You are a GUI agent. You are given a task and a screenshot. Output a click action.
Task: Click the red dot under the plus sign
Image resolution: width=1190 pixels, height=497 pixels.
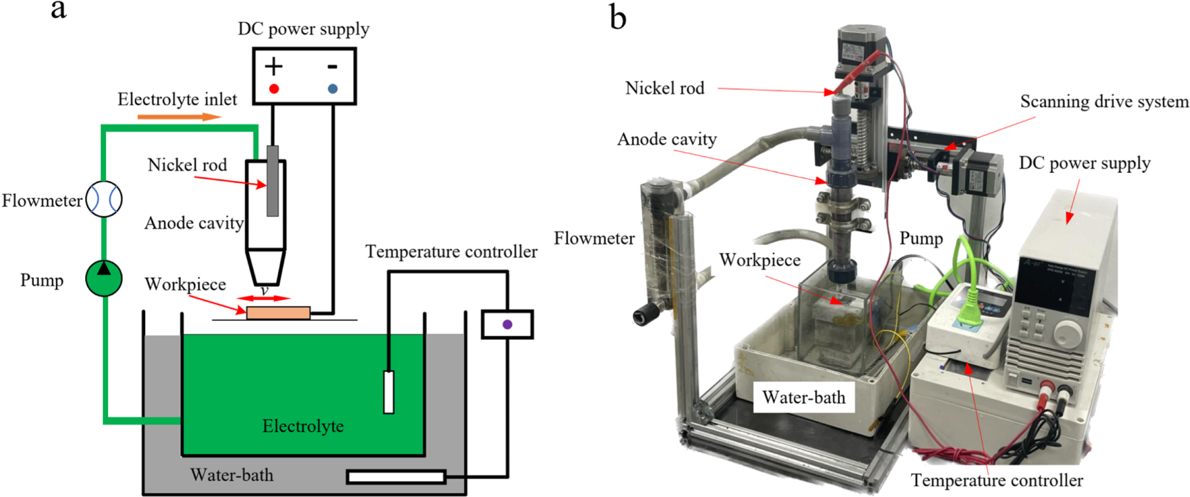[274, 89]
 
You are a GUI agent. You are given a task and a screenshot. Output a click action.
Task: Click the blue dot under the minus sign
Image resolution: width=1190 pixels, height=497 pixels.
[333, 89]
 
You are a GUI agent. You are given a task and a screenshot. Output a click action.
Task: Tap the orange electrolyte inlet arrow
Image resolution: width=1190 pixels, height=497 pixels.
[178, 117]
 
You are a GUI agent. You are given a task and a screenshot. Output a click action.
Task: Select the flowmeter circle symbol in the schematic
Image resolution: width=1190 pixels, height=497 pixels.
[104, 199]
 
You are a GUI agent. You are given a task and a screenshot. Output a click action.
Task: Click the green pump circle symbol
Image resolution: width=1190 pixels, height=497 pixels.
[104, 278]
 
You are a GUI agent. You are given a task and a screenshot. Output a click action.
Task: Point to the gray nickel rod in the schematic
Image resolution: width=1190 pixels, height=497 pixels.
[273, 180]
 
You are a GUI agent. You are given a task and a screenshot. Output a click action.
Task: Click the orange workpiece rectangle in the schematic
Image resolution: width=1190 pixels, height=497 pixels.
[278, 313]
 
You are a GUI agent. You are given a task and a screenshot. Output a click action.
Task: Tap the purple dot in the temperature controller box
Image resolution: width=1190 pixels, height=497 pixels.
[507, 324]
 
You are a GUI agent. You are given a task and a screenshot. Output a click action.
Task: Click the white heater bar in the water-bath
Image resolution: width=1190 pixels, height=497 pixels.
[396, 476]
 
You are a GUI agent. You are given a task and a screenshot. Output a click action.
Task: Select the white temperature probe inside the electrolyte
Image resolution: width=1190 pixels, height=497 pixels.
[389, 392]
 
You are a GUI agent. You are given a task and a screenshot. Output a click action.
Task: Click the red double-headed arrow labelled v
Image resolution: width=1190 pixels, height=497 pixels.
[264, 299]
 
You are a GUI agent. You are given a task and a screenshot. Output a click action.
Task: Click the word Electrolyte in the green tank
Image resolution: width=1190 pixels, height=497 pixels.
[303, 426]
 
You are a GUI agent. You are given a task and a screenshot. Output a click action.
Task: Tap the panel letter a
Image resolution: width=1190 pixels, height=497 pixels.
[59, 10]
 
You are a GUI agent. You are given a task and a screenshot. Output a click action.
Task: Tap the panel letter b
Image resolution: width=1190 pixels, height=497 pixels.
[618, 17]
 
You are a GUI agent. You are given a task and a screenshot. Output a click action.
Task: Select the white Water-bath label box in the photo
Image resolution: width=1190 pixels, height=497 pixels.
[804, 397]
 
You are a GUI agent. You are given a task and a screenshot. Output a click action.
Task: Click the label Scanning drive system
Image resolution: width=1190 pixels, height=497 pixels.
[1104, 102]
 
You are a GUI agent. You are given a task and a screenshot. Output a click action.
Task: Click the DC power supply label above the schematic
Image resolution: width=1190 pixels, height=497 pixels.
[303, 29]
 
